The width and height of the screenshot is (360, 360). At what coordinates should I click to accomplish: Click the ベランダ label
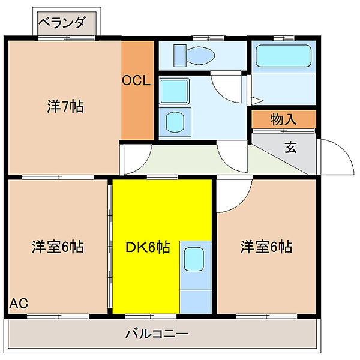62,23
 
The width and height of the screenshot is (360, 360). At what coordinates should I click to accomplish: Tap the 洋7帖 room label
65,107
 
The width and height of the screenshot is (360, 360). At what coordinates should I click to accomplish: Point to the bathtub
282,56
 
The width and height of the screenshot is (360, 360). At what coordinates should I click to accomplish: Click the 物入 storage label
283,119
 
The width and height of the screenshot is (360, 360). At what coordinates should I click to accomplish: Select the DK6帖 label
147,247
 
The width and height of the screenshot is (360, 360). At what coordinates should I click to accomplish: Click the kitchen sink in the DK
194,259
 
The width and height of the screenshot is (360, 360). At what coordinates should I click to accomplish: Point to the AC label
18,302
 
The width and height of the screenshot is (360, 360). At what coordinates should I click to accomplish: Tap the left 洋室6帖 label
58,247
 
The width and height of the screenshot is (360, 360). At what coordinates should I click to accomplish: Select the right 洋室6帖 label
266,247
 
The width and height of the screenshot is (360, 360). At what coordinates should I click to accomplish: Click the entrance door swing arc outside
336,157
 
